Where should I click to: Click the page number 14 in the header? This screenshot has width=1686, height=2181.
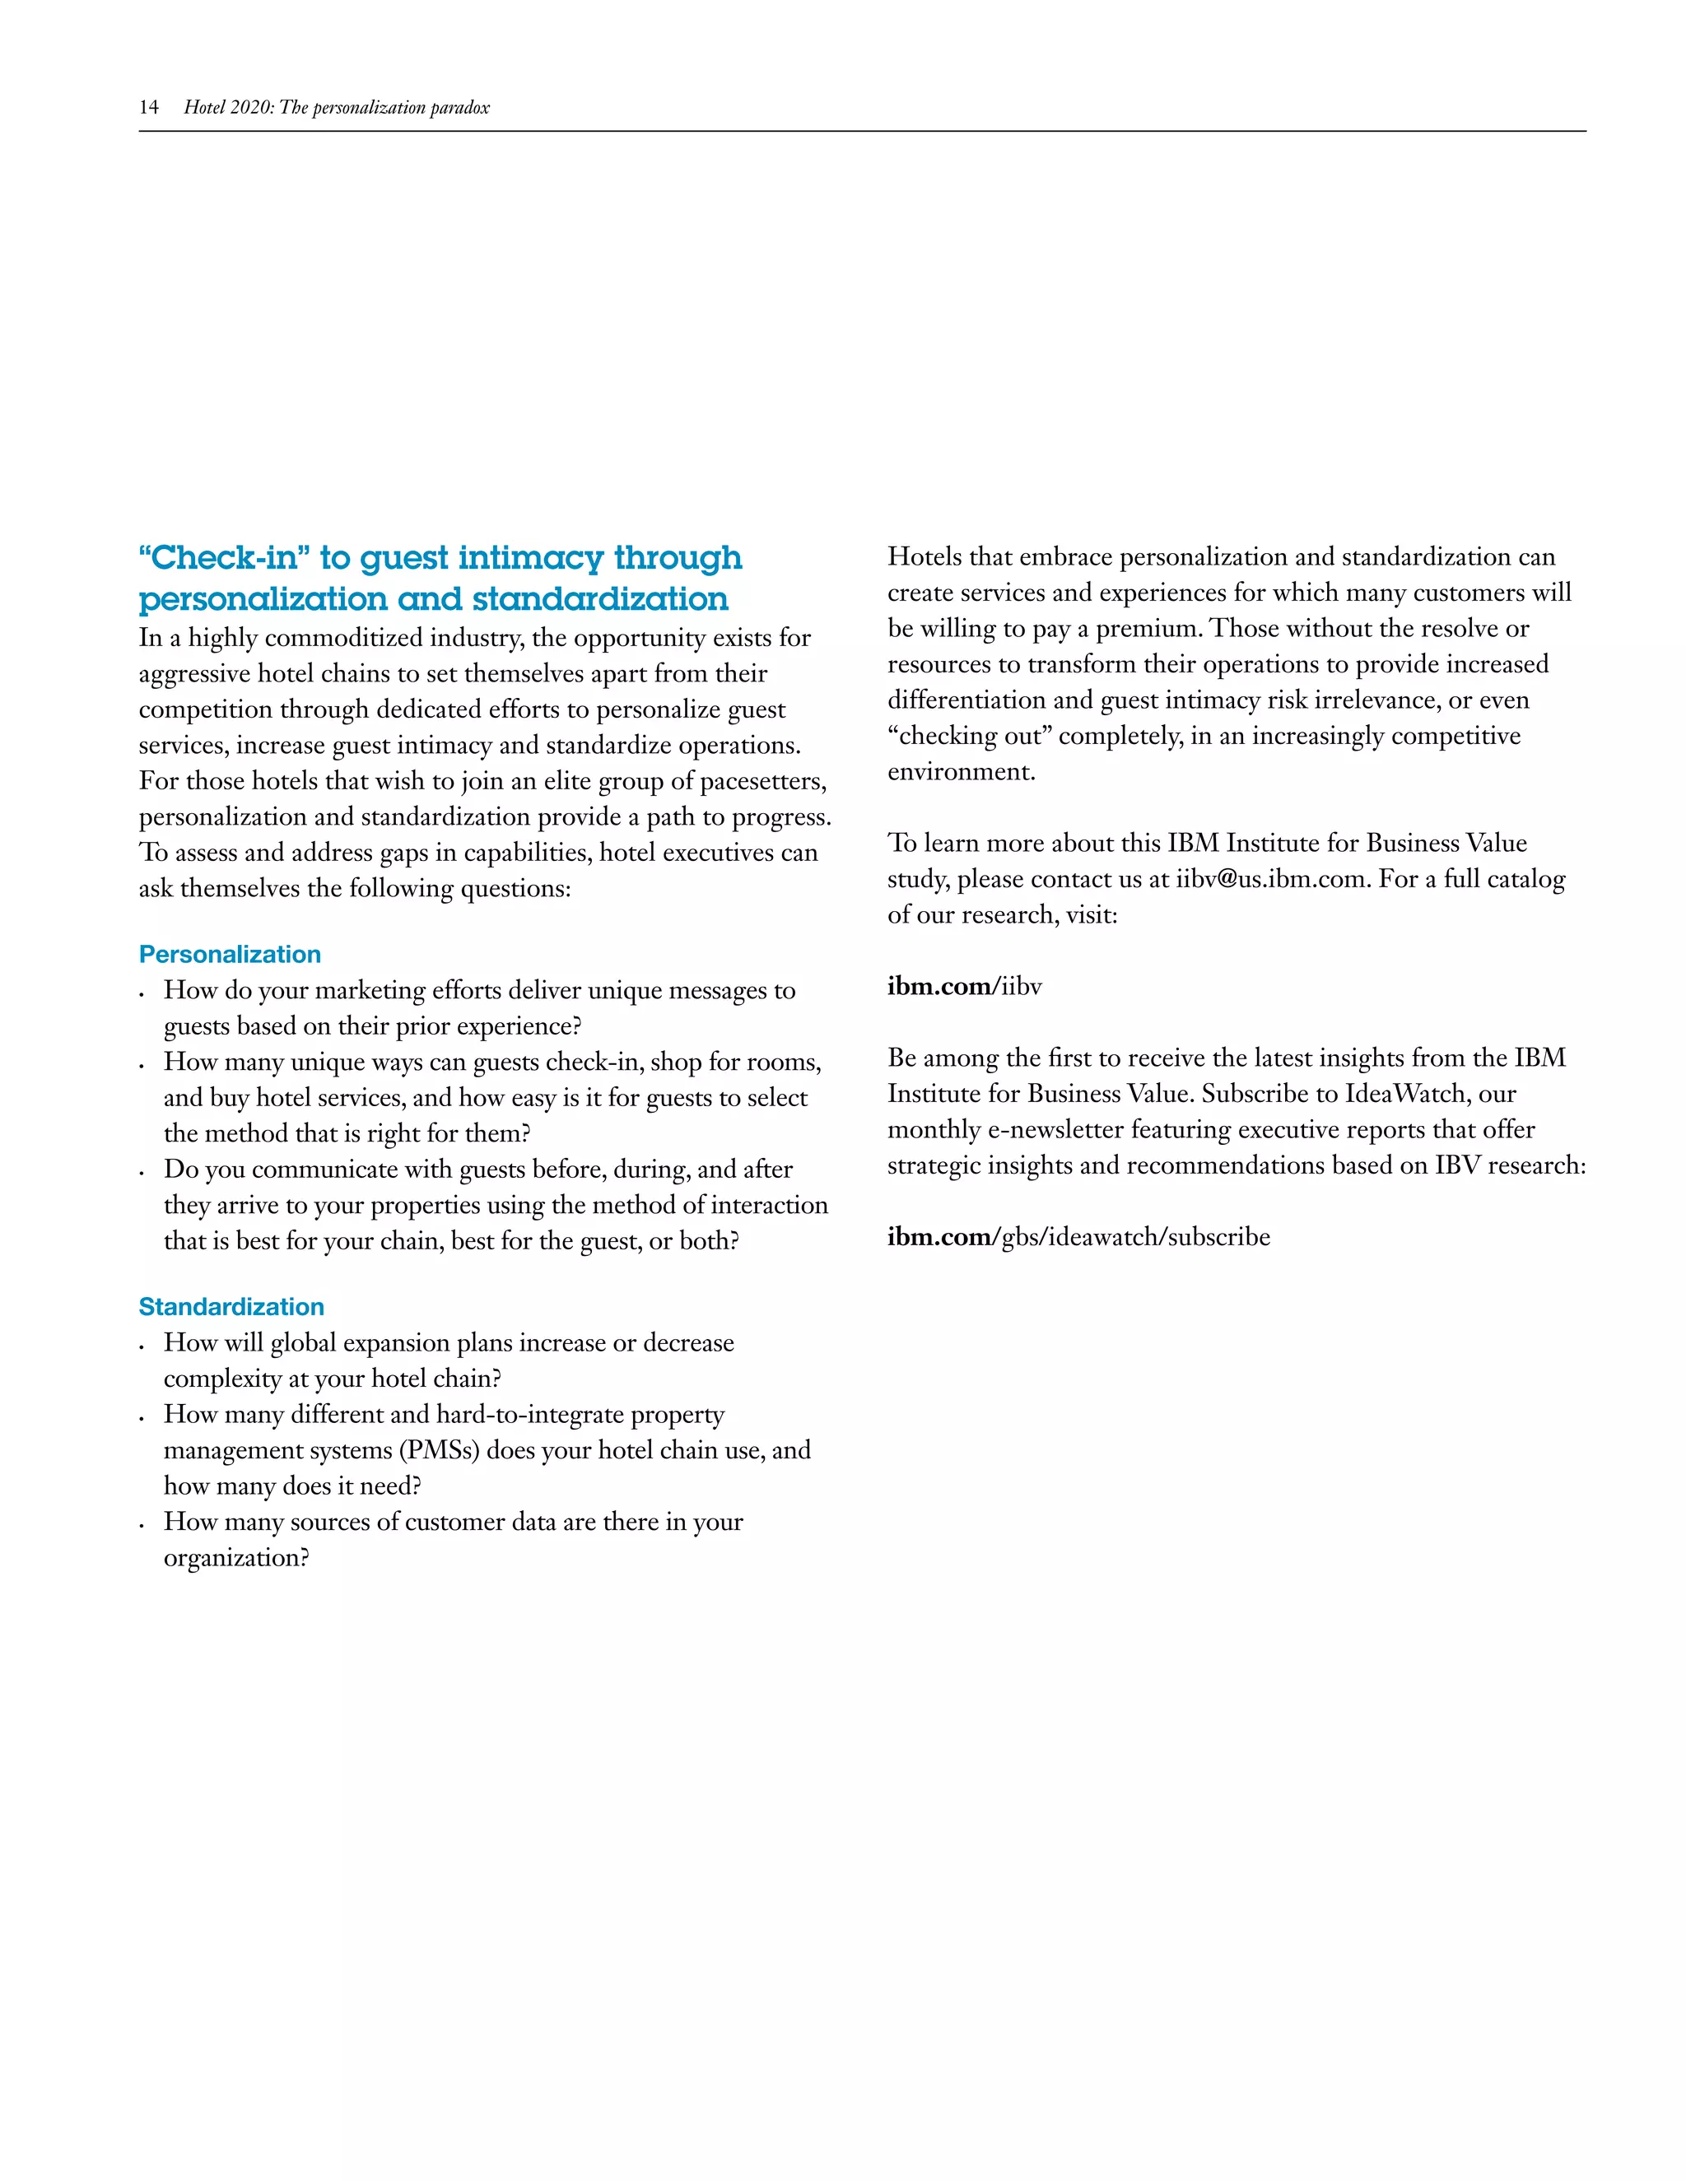click(149, 108)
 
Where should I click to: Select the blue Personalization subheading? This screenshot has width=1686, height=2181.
click(230, 955)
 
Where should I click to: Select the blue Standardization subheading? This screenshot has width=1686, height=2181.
click(231, 1307)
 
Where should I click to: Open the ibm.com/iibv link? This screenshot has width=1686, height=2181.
click(964, 987)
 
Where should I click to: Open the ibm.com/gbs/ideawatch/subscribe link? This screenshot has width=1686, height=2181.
click(1078, 1237)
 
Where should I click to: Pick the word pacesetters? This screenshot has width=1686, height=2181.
click(763, 781)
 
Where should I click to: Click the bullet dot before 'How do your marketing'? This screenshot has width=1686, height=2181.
click(142, 993)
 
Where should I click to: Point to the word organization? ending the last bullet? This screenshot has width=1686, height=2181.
click(237, 1558)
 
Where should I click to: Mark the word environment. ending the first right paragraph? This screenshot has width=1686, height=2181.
click(962, 772)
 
